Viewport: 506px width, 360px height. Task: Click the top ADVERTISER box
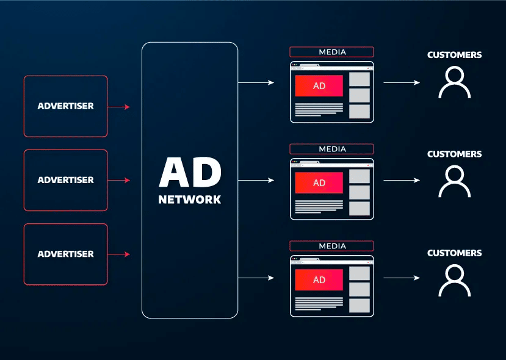[66, 106]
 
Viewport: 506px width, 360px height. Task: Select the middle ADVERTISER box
[66, 180]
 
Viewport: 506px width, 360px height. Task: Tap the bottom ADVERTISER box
[66, 254]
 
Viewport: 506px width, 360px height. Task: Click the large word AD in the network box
[190, 173]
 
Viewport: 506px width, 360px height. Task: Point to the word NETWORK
[190, 200]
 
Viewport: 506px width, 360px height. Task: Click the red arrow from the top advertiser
[119, 107]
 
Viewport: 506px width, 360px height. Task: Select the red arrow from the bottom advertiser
[119, 254]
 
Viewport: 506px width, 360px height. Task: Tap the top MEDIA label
[332, 52]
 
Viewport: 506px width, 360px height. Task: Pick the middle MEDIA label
[332, 149]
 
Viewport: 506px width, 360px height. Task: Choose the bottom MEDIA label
[332, 246]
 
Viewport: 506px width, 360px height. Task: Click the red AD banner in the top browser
[319, 86]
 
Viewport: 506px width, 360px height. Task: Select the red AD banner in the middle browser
[319, 183]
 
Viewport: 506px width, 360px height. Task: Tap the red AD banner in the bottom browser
[319, 280]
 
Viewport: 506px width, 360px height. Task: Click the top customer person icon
[455, 83]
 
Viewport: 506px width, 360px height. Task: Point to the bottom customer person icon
[455, 281]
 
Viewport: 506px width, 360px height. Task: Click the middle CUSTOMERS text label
[455, 154]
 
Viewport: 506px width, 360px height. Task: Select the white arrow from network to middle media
[256, 180]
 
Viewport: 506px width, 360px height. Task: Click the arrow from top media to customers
[402, 82]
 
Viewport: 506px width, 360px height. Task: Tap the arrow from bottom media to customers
[402, 278]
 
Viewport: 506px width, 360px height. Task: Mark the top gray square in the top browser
[360, 79]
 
